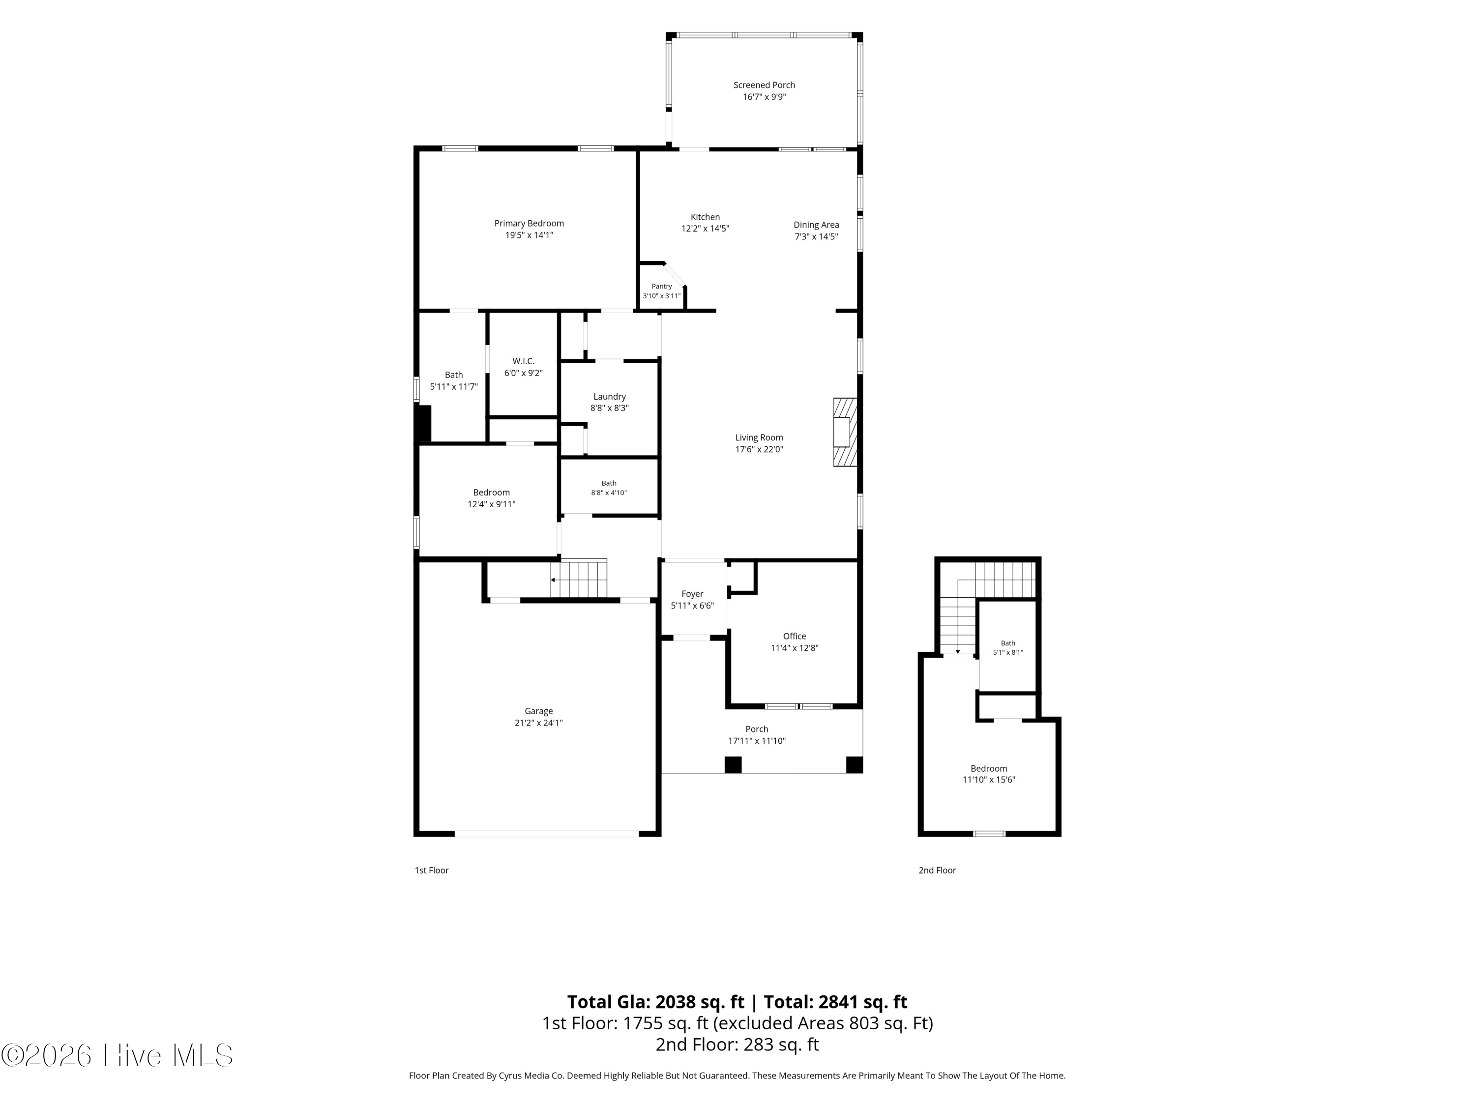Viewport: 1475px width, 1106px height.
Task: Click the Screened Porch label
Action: pos(764,86)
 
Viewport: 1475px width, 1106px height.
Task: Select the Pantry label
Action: pos(661,287)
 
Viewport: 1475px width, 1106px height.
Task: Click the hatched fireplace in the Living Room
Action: pos(845,432)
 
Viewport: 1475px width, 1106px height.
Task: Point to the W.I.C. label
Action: pos(524,361)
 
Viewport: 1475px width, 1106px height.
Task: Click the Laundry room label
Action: pos(610,397)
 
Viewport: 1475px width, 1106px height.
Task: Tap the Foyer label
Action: pos(692,594)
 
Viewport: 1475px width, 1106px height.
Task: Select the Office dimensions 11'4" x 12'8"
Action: pos(794,648)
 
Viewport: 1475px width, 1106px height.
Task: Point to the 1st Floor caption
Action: pos(431,870)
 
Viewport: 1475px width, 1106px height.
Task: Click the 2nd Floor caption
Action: pos(937,870)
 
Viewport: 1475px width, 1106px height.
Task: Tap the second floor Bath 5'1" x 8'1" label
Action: pos(1007,648)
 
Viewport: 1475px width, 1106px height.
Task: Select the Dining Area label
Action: pos(816,225)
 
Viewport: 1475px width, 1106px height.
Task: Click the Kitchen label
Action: pos(705,217)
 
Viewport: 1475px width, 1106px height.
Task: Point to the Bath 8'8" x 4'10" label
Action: pos(609,488)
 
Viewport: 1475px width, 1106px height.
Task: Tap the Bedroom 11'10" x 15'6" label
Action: pos(989,774)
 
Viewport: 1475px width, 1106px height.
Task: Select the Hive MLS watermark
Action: pos(118,1055)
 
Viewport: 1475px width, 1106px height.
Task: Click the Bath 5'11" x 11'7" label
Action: pos(453,380)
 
